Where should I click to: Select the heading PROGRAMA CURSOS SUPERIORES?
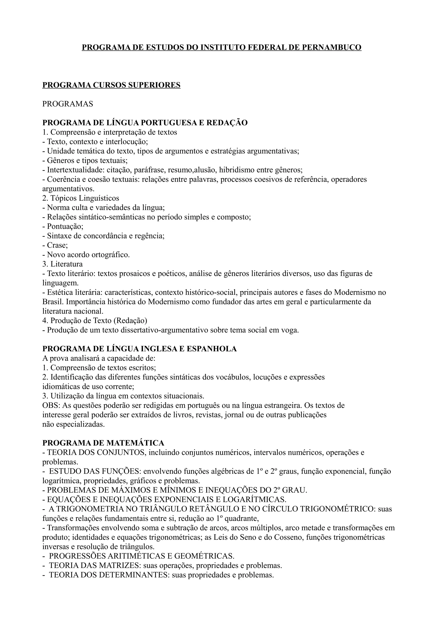[x=111, y=85]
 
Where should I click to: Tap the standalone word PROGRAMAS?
[x=68, y=104]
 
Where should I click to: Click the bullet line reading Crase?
[x=55, y=245]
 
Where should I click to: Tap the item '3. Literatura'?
[x=63, y=264]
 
